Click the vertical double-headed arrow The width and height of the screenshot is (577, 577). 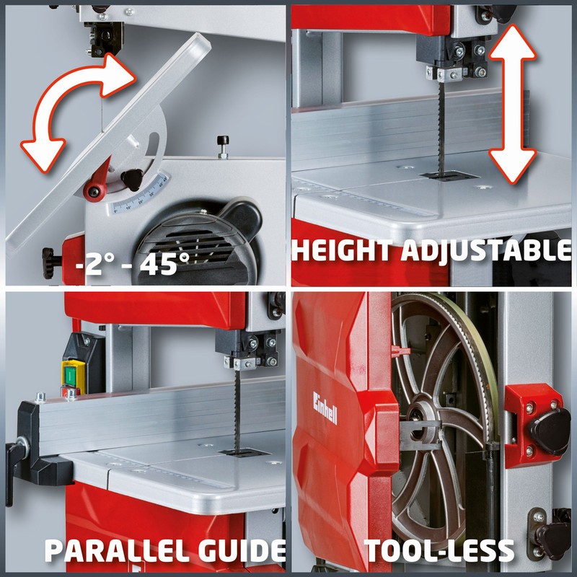512,104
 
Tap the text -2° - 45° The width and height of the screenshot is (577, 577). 133,263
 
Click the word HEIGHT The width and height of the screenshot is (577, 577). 342,250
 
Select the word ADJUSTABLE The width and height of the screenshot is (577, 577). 486,250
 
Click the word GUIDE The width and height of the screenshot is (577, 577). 242,550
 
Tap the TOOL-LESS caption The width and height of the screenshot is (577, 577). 439,550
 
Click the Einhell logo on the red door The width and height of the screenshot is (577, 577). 325,408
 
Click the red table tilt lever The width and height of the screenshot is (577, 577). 97,181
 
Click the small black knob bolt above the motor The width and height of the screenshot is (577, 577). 223,146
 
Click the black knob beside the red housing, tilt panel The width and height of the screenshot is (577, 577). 50,263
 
